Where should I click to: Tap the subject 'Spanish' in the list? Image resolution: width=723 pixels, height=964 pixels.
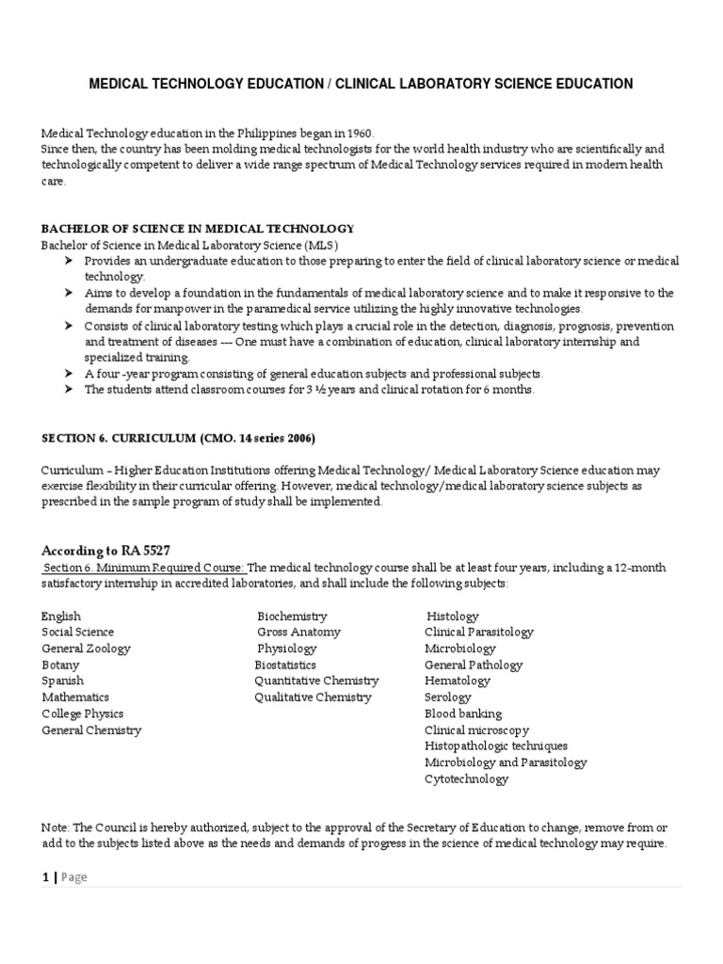62,681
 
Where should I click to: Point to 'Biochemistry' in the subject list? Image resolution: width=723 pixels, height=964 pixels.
293,616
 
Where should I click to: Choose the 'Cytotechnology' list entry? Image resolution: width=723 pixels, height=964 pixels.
466,779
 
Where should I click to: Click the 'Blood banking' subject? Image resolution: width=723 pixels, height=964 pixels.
463,714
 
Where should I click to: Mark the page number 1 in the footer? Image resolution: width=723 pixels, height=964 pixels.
44,877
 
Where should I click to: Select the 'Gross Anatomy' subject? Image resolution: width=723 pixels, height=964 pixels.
298,632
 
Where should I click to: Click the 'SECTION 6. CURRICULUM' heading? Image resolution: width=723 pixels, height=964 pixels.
178,438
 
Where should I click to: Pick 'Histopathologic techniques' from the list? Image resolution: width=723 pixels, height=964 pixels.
496,746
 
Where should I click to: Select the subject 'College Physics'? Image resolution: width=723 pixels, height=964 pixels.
83,714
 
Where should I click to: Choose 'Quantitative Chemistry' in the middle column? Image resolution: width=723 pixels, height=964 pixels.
316,681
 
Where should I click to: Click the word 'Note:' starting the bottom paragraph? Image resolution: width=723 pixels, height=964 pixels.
56,827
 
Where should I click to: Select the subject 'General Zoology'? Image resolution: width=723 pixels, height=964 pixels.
86,649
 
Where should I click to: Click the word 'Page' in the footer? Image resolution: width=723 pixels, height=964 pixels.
73,877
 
